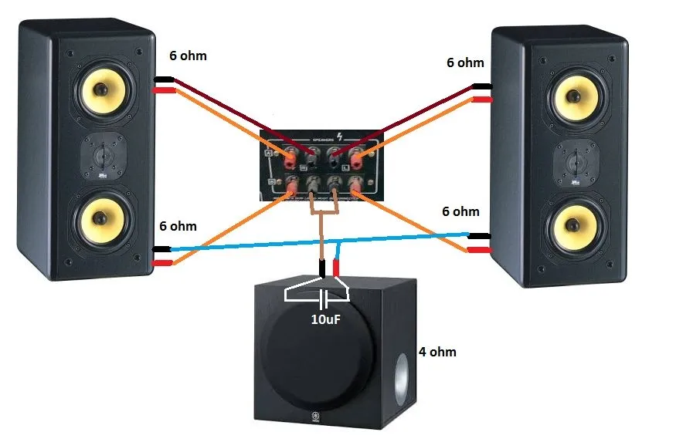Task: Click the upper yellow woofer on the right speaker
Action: pyautogui.click(x=574, y=97)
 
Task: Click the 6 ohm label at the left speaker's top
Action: pyautogui.click(x=188, y=56)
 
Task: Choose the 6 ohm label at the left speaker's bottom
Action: pyautogui.click(x=178, y=226)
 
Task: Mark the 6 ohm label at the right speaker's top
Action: pyautogui.click(x=465, y=62)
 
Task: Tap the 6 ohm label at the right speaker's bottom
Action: pyautogui.click(x=460, y=211)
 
